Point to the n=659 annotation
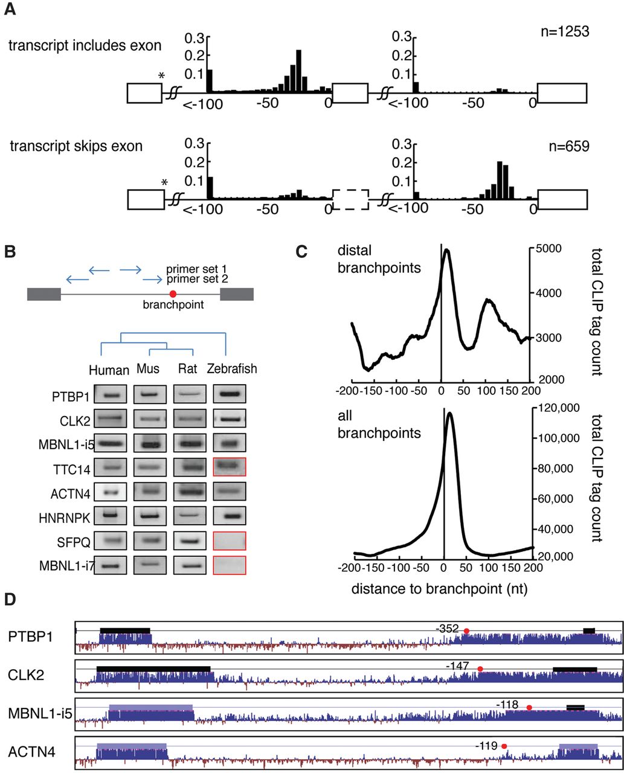[x=565, y=146]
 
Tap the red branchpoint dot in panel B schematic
[x=173, y=294]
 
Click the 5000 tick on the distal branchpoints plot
[x=547, y=248]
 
